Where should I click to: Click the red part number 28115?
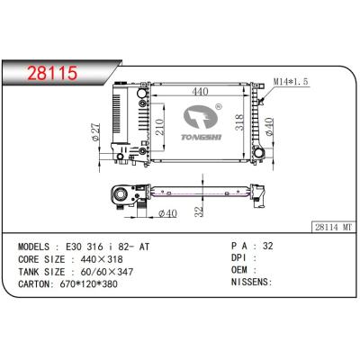[x=52, y=73]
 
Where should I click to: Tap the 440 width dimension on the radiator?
[x=201, y=91]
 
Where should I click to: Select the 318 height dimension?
[x=239, y=121]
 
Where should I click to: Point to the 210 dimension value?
[x=160, y=127]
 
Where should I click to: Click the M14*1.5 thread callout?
[x=291, y=81]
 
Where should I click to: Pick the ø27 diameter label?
[x=95, y=132]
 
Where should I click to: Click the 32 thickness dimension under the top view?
[x=199, y=211]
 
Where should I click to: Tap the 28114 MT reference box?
[x=334, y=228]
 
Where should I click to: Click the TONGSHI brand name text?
[x=202, y=137]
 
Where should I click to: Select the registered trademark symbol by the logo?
[x=219, y=106]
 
